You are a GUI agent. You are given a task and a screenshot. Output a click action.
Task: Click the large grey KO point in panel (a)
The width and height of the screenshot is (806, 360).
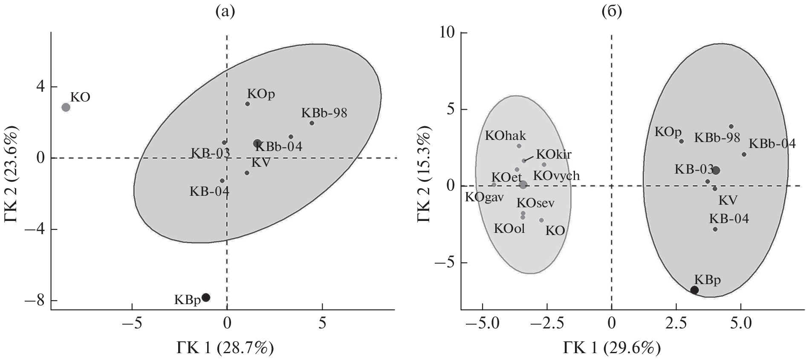coord(66,107)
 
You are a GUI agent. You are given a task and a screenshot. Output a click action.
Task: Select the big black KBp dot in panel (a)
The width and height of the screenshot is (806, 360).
coord(206,297)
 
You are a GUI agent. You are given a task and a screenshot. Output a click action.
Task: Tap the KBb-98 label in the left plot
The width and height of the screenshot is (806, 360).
coord(324,113)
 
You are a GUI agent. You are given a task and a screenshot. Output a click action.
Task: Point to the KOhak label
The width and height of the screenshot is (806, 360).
coord(506,136)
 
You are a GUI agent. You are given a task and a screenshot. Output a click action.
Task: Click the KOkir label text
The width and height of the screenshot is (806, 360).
coord(554,154)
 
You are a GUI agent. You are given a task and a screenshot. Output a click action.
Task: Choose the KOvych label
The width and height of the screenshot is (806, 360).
coord(556,175)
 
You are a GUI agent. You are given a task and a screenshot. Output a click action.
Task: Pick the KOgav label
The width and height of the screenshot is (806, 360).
coord(484,197)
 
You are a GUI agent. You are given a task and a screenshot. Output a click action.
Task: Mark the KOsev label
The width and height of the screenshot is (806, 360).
coord(535,203)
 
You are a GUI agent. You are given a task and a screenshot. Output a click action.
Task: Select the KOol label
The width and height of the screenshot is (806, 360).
coord(509,229)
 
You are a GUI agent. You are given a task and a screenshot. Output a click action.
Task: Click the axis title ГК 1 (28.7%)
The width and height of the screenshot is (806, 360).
coord(225,348)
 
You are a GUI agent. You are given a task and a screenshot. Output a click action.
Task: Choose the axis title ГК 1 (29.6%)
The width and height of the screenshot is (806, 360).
coord(612,348)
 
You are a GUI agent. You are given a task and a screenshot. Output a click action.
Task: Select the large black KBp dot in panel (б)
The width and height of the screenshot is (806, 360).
coord(694,290)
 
